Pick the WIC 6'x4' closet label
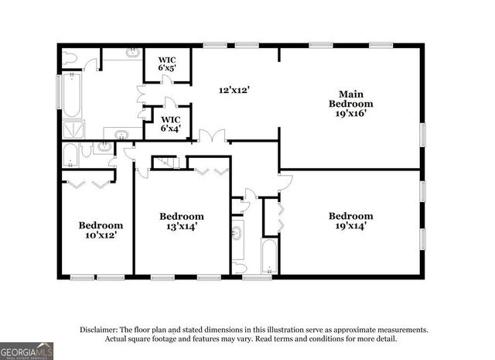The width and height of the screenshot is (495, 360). tap(169, 124)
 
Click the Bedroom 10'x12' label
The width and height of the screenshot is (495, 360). tap(101, 230)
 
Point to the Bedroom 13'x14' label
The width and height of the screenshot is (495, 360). tap(182, 221)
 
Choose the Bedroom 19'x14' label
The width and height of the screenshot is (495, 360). tap(350, 221)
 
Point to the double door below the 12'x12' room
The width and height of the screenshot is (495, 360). tap(212, 137)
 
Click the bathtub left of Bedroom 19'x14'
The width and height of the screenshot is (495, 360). tap(269, 256)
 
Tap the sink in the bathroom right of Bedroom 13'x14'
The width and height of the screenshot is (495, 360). tap(238, 232)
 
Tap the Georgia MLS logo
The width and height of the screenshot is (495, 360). tap(27, 351)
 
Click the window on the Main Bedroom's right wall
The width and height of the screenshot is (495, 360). tap(422, 133)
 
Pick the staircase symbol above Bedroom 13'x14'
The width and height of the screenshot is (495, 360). tap(165, 163)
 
